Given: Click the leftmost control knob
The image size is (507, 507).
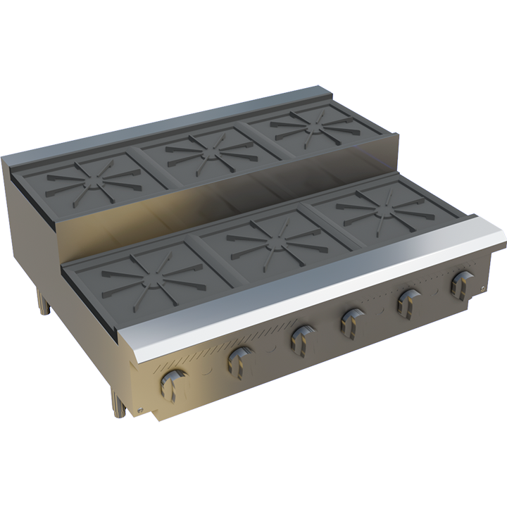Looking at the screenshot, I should point(172,384).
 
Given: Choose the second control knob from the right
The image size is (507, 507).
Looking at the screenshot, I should point(408,301).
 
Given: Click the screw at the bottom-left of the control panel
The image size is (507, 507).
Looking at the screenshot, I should point(140,411).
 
